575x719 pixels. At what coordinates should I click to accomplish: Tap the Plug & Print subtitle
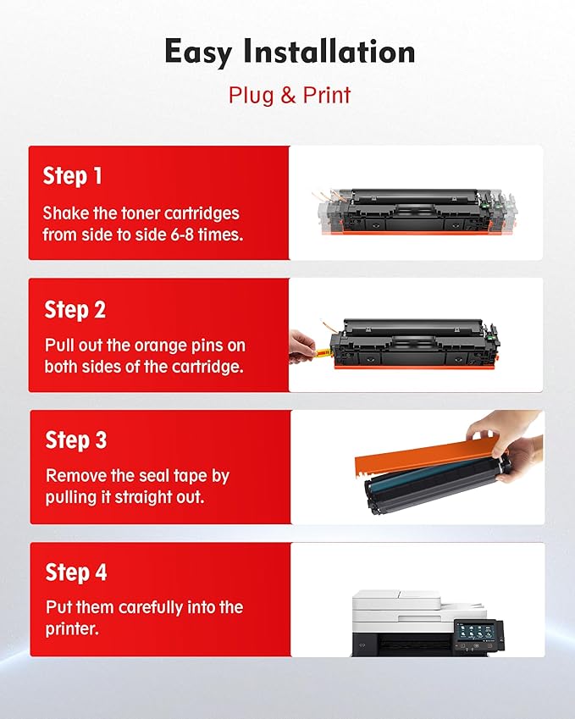(x=289, y=94)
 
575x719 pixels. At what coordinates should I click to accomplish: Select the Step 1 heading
(x=73, y=176)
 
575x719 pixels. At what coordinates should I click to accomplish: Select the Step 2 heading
(x=75, y=310)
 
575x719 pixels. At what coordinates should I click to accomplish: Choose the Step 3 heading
(x=76, y=440)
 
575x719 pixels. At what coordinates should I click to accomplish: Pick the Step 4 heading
(x=76, y=572)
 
